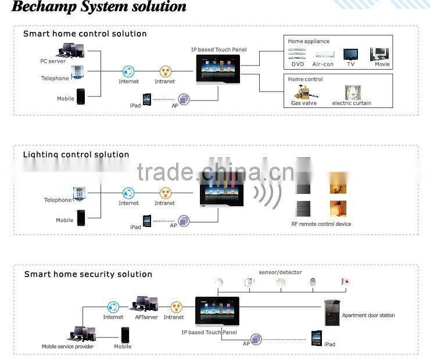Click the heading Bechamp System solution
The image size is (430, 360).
click(99, 8)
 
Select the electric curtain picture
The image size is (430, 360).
click(352, 93)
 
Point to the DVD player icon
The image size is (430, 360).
click(297, 55)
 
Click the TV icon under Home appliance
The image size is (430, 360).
click(350, 54)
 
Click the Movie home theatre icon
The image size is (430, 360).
click(380, 54)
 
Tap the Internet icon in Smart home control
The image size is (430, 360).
click(128, 72)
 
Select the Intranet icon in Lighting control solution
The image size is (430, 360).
click(164, 193)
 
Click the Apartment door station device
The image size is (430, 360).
click(332, 313)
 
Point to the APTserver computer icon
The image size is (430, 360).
click(146, 304)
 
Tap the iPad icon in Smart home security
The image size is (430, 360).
click(316, 338)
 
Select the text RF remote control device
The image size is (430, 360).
click(321, 224)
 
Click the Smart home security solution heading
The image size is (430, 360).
click(88, 274)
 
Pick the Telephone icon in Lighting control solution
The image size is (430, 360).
click(79, 193)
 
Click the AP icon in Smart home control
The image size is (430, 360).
click(184, 99)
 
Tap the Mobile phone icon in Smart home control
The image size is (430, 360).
click(81, 96)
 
